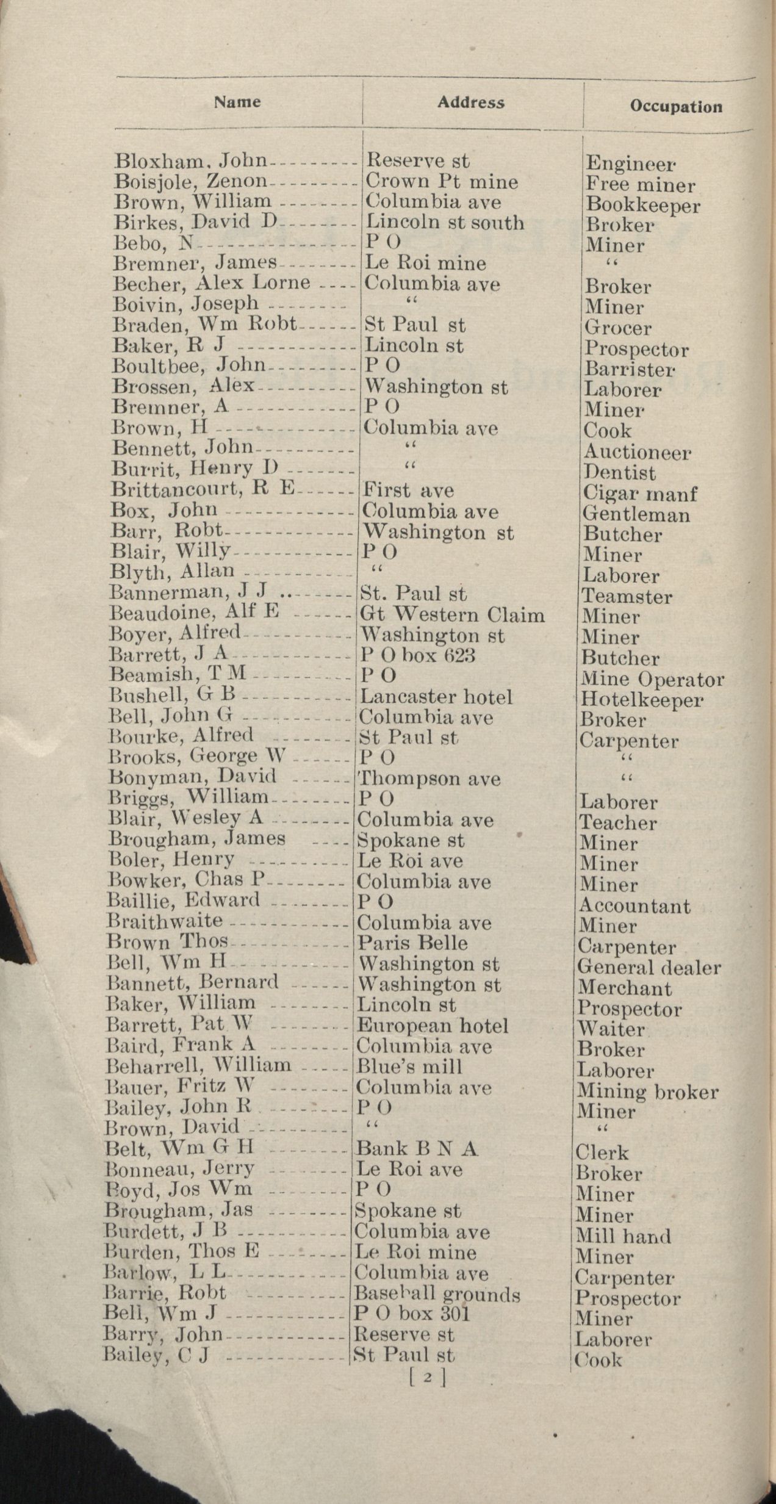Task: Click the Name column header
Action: click(237, 102)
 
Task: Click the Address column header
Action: click(470, 103)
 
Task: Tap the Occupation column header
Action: click(675, 107)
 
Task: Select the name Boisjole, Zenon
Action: click(191, 181)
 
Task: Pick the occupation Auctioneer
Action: click(636, 452)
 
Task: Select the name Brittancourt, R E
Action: click(203, 490)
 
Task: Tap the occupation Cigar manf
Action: click(639, 494)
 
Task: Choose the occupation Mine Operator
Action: click(652, 679)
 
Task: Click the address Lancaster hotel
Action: click(436, 697)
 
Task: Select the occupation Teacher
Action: click(617, 822)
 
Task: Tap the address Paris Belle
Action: click(412, 943)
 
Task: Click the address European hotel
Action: click(432, 1026)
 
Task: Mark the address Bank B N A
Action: click(417, 1149)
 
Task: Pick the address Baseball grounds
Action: click(437, 1294)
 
